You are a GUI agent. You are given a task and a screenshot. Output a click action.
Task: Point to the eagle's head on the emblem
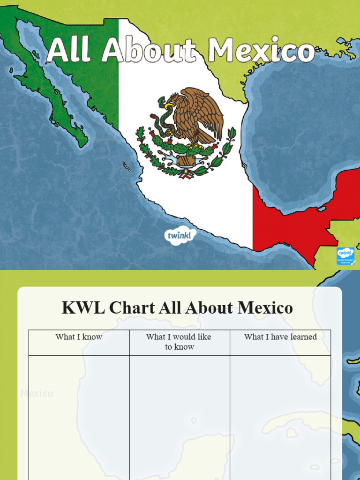171,100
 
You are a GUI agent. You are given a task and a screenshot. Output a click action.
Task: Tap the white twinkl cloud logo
180,235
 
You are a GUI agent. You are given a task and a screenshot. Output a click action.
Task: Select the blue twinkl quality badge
345,256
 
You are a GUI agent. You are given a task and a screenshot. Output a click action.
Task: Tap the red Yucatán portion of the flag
300,211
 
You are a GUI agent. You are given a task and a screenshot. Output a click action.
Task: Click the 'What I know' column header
79,337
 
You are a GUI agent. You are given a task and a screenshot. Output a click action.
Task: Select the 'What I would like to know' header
179,342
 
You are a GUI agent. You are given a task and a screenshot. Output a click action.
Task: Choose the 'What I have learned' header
280,337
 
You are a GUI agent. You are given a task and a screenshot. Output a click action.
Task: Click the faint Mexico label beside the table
37,393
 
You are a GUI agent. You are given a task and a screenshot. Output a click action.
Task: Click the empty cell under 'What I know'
79,417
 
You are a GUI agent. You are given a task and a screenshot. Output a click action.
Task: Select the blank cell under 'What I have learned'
280,417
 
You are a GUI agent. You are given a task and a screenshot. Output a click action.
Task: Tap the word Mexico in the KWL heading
265,308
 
